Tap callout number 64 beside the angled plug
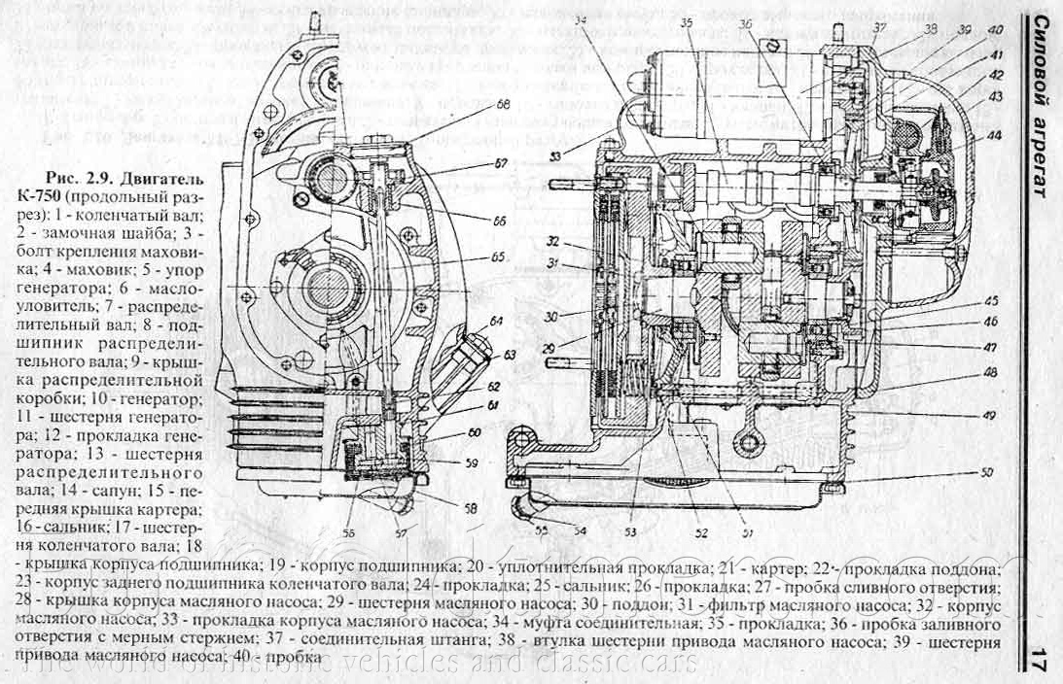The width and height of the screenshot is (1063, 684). tap(496, 321)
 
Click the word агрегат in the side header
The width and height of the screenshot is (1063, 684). tap(1039, 155)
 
